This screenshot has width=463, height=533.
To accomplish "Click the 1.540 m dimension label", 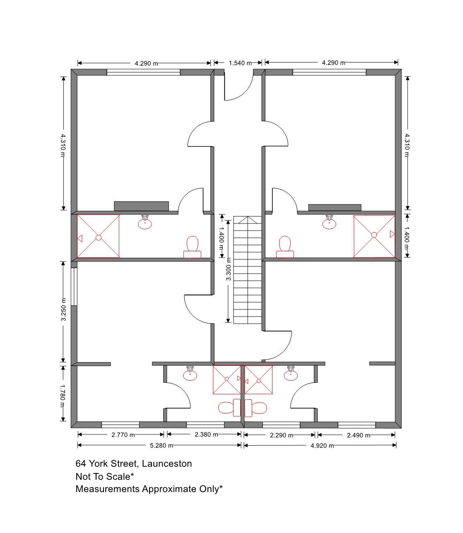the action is pyautogui.click(x=240, y=63).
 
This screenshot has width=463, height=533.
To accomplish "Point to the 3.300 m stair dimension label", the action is pyautogui.click(x=228, y=269).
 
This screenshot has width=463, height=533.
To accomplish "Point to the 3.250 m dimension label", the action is pyautogui.click(x=63, y=310).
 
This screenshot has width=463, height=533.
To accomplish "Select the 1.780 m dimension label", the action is pyautogui.click(x=63, y=396).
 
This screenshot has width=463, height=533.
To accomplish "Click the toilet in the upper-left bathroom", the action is pyautogui.click(x=193, y=247).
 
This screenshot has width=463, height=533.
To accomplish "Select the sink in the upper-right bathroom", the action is pyautogui.click(x=329, y=222).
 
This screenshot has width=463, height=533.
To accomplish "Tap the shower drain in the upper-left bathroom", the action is pyautogui.click(x=99, y=238).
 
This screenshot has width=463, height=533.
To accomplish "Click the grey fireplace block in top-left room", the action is pyautogui.click(x=141, y=206).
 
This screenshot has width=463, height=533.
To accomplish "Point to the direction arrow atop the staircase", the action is pyautogui.click(x=247, y=220).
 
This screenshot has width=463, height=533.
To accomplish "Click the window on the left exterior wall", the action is pyautogui.click(x=74, y=286).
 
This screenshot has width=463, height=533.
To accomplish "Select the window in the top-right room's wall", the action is pyautogui.click(x=329, y=72).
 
